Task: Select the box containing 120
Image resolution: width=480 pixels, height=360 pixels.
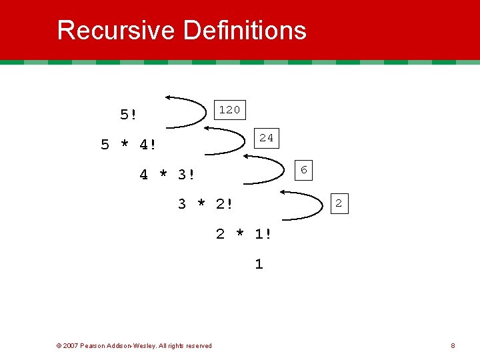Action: [x=229, y=109]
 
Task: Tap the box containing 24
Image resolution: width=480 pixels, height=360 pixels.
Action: [x=266, y=138]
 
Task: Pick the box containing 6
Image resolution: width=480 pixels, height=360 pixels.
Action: [x=303, y=171]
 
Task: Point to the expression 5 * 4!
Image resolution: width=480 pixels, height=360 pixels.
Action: [x=129, y=145]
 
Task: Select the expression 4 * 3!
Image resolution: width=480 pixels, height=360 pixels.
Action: [x=167, y=175]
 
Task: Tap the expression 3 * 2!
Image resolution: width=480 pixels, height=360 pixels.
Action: [x=205, y=204]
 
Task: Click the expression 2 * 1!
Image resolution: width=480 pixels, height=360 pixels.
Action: [x=243, y=234]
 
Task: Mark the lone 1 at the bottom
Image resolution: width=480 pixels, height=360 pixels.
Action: [x=259, y=264]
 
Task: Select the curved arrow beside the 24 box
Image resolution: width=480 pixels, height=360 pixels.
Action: [x=227, y=141]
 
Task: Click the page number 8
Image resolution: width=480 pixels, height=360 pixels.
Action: [x=453, y=345]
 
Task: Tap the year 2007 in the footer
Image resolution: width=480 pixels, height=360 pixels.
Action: [x=70, y=345]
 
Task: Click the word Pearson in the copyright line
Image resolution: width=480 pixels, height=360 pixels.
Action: [x=93, y=345]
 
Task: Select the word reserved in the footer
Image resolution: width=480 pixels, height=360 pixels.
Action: [x=197, y=345]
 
